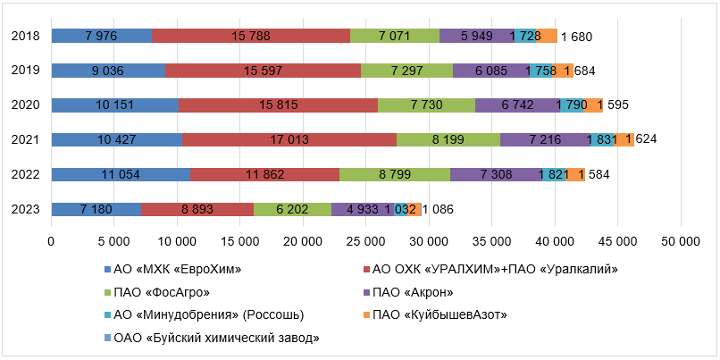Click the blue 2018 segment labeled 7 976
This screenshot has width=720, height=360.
click(x=101, y=36)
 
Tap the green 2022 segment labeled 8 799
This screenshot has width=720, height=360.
click(x=395, y=174)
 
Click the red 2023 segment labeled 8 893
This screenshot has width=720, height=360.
click(x=197, y=209)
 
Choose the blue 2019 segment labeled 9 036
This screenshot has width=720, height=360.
click(x=108, y=71)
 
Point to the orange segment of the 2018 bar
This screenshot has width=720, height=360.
click(x=548, y=36)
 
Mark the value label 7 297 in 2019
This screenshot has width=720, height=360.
click(x=409, y=71)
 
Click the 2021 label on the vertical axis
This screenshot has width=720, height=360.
click(x=25, y=139)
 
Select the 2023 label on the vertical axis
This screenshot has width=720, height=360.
click(x=25, y=209)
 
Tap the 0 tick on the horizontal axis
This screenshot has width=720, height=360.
click(x=51, y=241)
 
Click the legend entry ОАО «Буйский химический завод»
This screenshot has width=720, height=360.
click(x=212, y=336)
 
